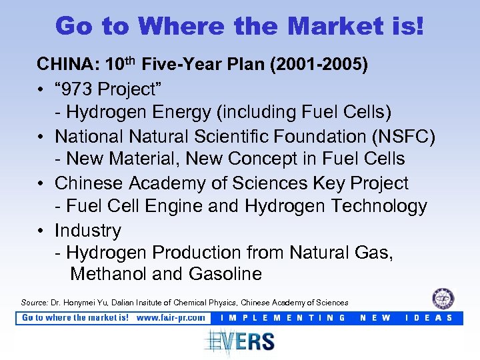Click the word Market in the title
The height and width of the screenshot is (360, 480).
(x=329, y=26)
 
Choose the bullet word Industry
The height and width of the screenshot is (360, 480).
(x=88, y=231)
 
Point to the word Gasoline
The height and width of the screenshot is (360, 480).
(x=226, y=274)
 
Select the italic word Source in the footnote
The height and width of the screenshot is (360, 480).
(x=34, y=302)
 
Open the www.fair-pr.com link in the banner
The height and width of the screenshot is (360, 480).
(x=171, y=318)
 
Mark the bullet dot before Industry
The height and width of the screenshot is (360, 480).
(x=41, y=231)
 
